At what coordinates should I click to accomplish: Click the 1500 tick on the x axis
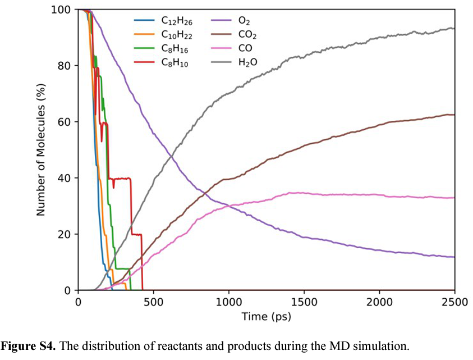[304, 302]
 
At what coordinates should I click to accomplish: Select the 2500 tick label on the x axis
[454, 302]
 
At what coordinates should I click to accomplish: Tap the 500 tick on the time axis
[153, 302]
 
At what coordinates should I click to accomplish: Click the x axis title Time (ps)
[266, 317]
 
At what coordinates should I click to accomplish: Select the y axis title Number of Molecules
[40, 151]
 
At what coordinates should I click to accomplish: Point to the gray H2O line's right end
[453, 28]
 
